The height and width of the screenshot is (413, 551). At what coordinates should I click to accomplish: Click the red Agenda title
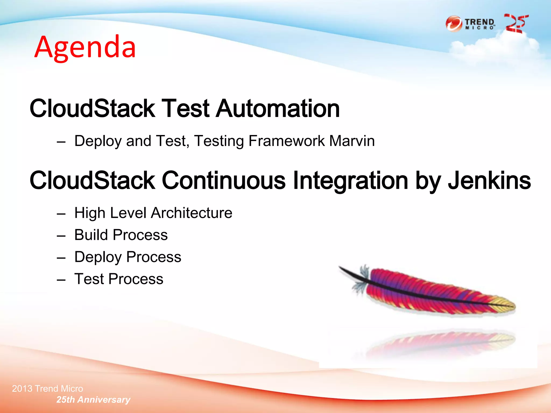(85, 47)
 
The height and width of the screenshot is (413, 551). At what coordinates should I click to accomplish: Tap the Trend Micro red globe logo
(454, 24)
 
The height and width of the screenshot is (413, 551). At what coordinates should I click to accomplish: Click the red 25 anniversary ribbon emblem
(515, 24)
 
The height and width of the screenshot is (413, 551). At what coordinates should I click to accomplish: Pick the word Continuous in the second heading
(224, 180)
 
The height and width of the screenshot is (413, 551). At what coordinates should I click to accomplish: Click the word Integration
(351, 180)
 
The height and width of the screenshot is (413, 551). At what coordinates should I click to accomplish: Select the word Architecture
(191, 213)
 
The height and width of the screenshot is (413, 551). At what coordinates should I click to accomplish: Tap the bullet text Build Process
(121, 235)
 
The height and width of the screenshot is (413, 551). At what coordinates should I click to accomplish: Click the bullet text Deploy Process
(128, 257)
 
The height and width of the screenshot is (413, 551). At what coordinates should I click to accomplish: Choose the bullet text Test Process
(119, 279)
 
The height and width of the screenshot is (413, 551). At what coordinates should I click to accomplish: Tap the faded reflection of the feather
(441, 343)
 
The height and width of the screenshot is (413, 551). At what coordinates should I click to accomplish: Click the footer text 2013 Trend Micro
(48, 389)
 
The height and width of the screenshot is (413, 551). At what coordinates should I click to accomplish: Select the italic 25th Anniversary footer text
(93, 400)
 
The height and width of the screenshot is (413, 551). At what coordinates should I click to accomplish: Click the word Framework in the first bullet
(287, 141)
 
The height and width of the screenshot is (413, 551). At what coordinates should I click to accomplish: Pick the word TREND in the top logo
(479, 22)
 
